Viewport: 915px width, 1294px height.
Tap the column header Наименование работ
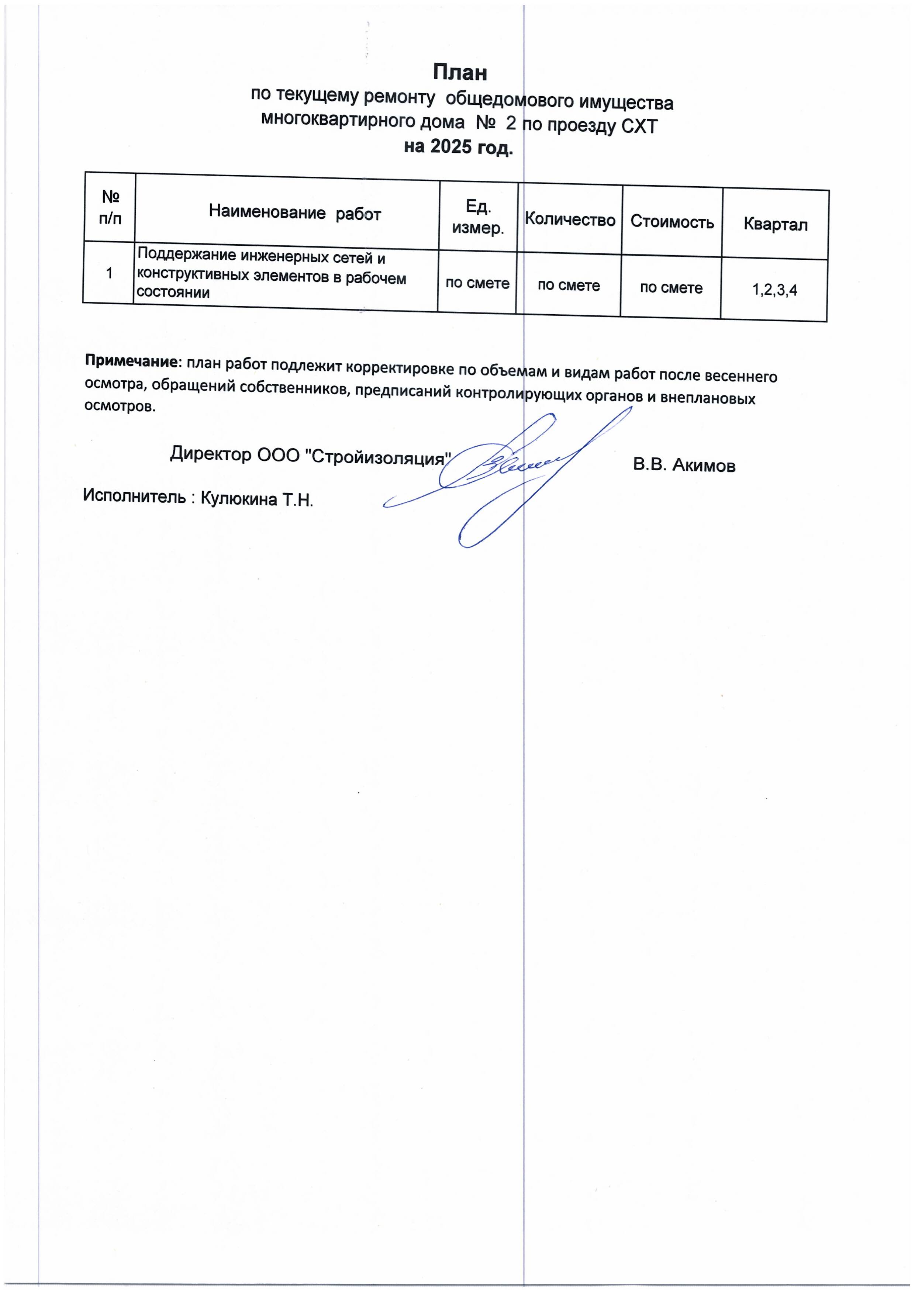(295, 213)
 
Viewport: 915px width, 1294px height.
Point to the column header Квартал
(775, 224)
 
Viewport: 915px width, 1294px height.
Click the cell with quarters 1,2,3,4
(775, 290)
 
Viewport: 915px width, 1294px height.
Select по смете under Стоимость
(671, 287)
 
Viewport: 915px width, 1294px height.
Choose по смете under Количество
(568, 285)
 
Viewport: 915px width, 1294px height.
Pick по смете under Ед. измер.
(477, 283)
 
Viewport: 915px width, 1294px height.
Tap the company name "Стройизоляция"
(378, 457)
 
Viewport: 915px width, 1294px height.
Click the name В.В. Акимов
(684, 465)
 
